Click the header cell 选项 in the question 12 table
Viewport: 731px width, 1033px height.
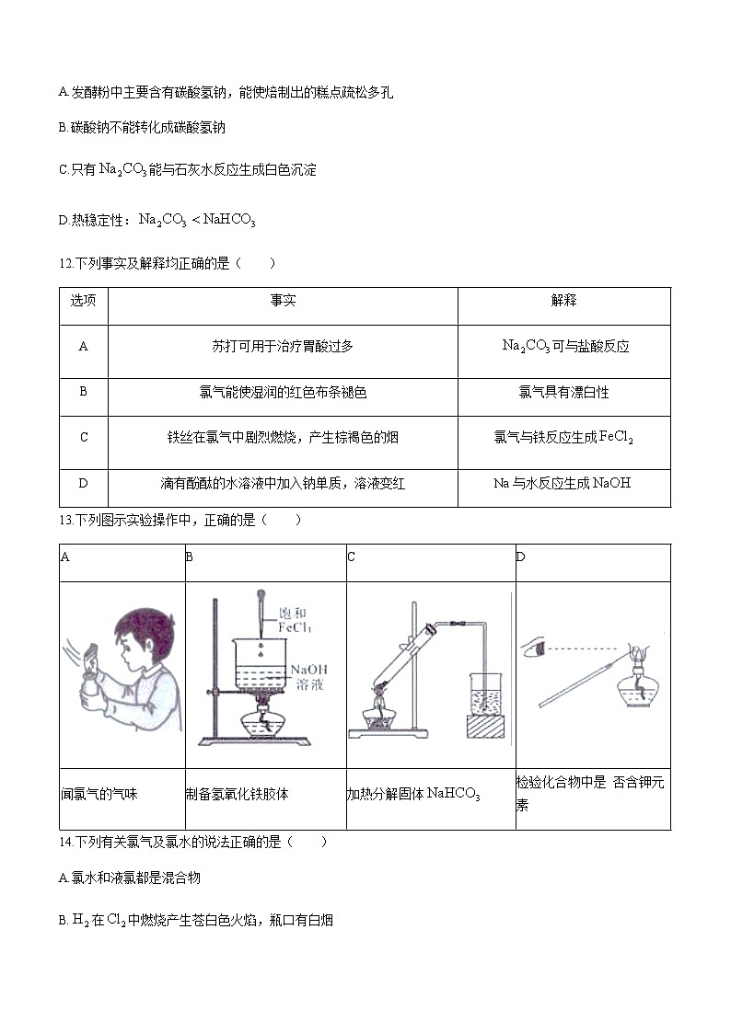(83, 301)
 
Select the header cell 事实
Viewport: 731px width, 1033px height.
(283, 301)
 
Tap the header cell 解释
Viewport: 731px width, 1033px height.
(563, 301)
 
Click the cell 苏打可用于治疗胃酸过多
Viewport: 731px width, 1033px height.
(283, 347)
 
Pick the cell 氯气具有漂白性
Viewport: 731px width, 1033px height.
(563, 393)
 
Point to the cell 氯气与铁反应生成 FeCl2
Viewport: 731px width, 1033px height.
(563, 438)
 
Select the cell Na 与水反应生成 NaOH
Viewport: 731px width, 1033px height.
(563, 483)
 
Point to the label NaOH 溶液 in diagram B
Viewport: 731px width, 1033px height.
(308, 677)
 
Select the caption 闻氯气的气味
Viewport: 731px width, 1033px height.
(99, 793)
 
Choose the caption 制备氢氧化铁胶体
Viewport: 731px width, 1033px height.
(237, 793)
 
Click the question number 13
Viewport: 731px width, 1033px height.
(64, 521)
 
